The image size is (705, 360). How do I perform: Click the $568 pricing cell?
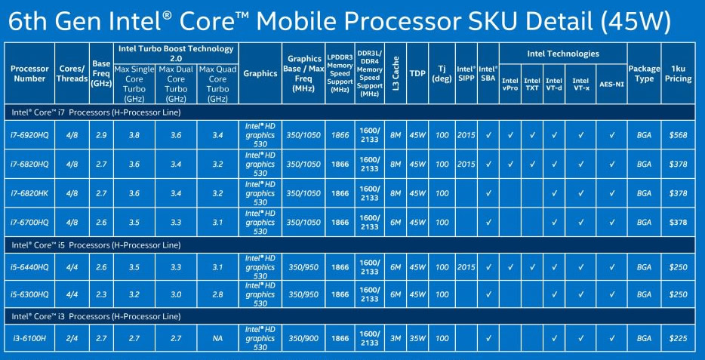coord(678,135)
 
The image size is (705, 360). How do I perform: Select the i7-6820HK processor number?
coord(29,193)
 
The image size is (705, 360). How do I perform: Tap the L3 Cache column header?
coord(396,74)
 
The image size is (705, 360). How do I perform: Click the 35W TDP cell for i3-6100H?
coord(417,338)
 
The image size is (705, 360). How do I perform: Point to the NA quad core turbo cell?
coord(217,338)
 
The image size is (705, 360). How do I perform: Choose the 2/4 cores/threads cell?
coord(72,338)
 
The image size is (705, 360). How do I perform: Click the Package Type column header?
coord(644,74)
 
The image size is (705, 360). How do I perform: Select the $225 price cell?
coord(678,338)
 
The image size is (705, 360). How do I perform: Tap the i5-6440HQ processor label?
coord(29,267)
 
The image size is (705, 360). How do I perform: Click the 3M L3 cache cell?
coord(396,338)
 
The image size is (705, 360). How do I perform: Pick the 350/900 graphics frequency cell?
coord(303,338)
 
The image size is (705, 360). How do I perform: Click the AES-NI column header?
coord(611,84)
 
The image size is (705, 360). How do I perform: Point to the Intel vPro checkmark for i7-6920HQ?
coord(510,135)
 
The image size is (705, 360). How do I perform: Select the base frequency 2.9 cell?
coord(101,135)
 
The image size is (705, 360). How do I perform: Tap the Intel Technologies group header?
coord(563,54)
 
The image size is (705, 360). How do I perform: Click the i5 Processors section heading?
coord(96,245)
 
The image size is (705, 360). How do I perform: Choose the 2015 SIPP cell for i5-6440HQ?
coord(466,267)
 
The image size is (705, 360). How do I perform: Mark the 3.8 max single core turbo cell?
coord(134,135)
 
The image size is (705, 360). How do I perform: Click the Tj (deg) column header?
coord(442,74)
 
